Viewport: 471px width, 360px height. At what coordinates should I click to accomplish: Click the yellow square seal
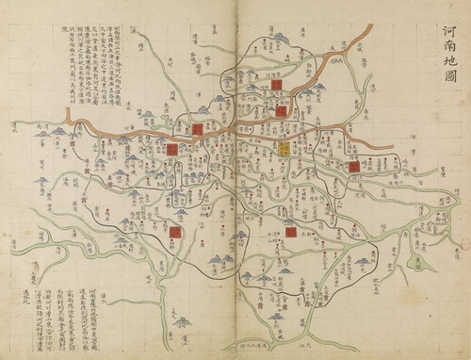click(284, 148)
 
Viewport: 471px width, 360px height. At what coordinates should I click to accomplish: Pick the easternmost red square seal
click(354, 166)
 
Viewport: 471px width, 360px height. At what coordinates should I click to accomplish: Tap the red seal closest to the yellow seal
click(280, 111)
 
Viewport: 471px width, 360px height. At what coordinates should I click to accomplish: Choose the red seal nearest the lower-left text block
click(175, 231)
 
